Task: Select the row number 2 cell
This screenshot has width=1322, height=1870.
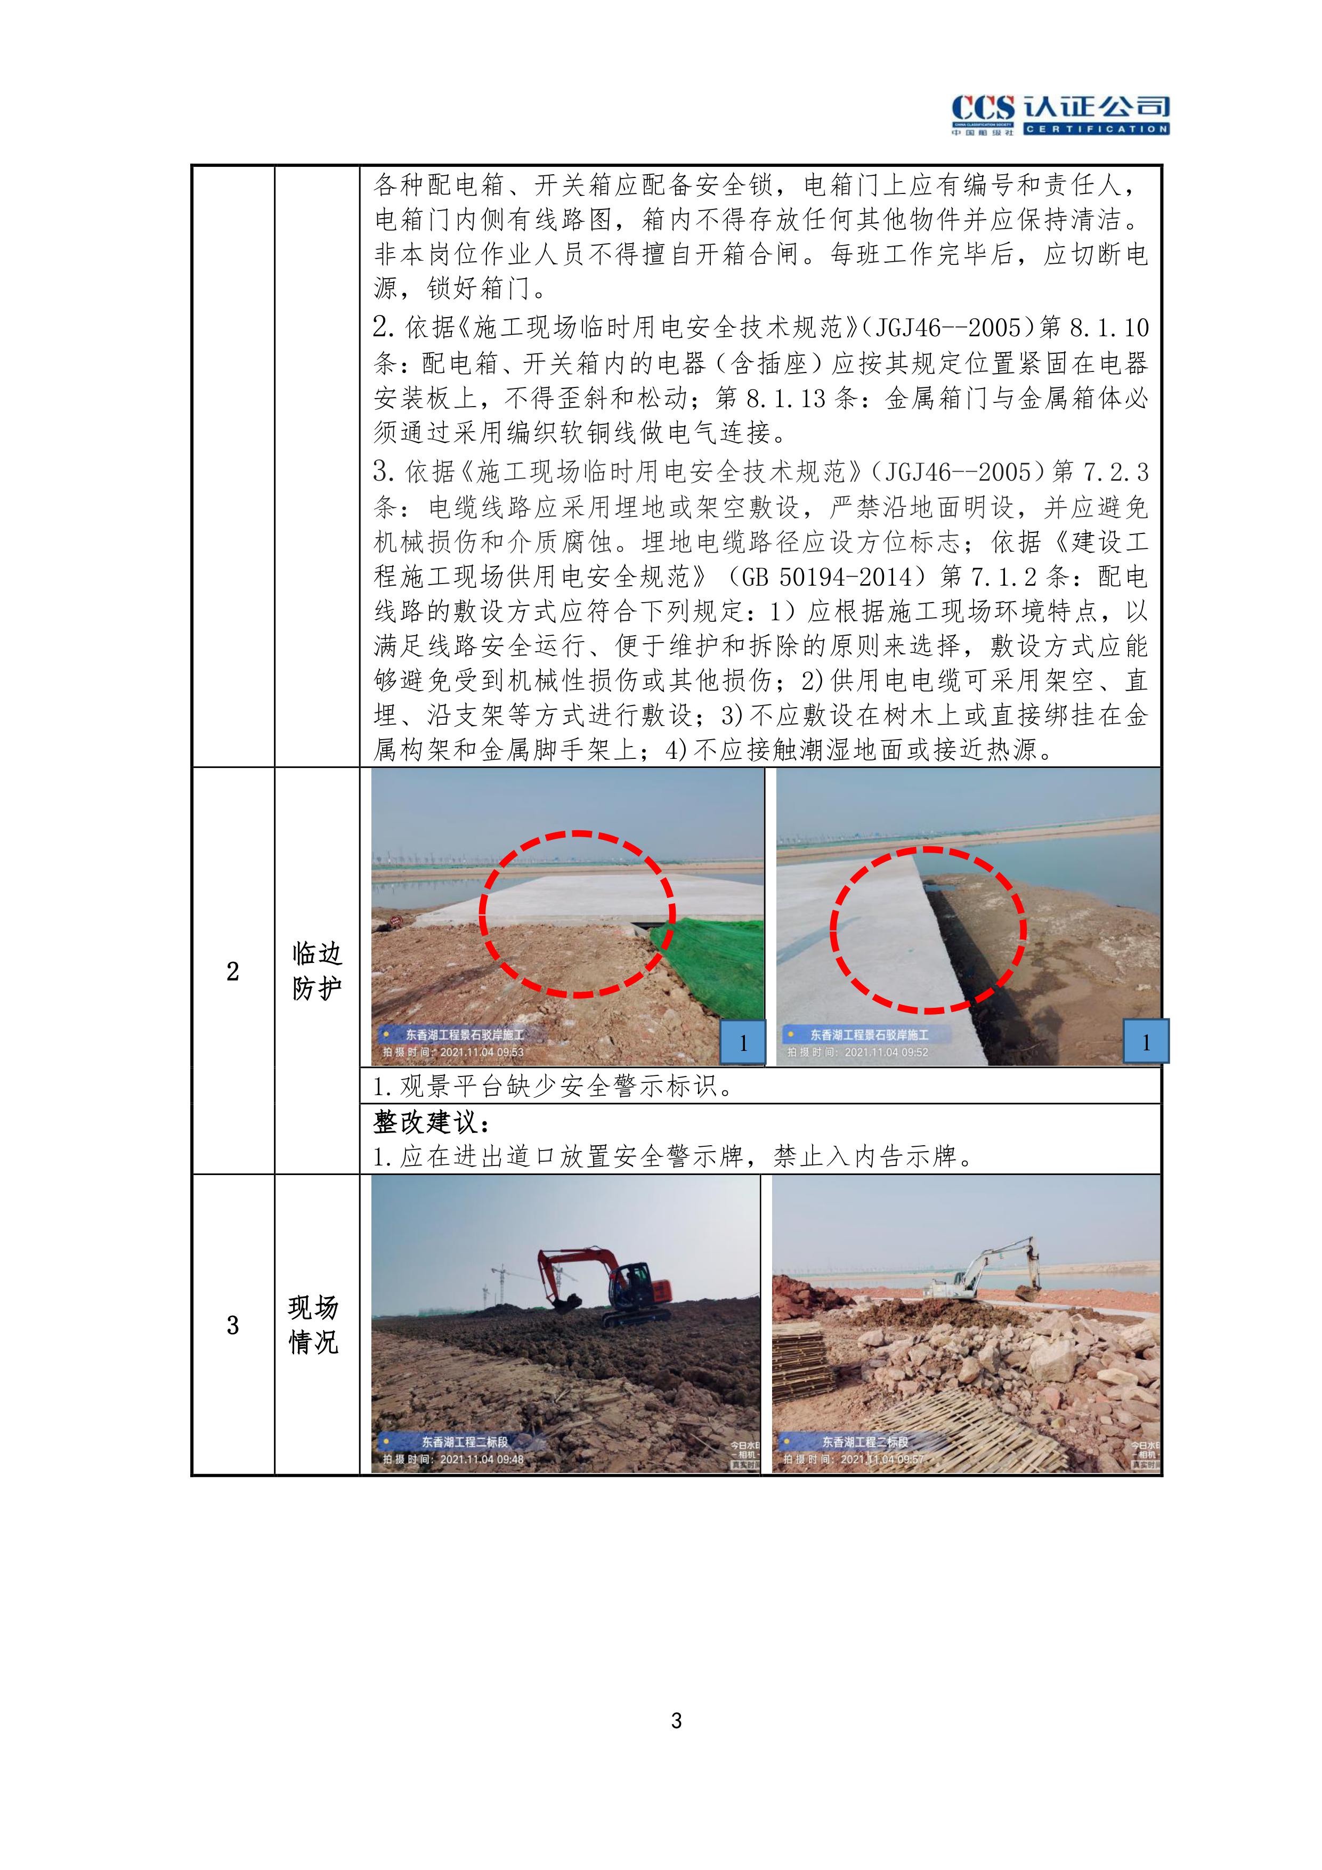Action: coord(233,971)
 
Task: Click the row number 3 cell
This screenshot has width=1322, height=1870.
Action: coord(233,1325)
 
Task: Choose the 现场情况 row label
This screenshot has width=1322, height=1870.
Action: coord(314,1325)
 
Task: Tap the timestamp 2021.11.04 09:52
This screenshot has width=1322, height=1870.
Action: coord(886,1053)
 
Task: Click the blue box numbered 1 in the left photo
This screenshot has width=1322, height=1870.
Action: coord(743,1042)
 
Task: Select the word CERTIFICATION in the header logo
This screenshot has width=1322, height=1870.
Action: coord(1097,128)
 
